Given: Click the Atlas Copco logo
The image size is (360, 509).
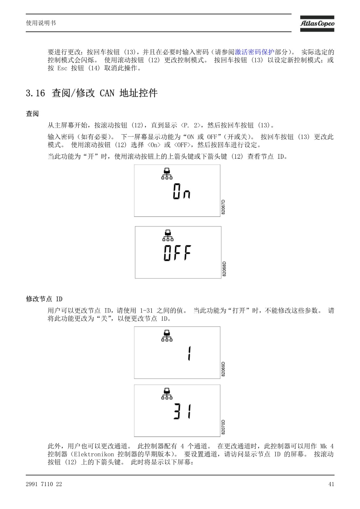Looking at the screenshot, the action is pyautogui.click(x=317, y=24).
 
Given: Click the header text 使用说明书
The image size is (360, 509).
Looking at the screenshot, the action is pyautogui.click(x=41, y=23).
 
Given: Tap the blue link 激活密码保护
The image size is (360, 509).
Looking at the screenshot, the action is pyautogui.click(x=254, y=52).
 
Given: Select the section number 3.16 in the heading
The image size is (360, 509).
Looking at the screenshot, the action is pyautogui.click(x=35, y=93).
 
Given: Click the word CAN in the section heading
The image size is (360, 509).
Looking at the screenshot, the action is pyautogui.click(x=107, y=93).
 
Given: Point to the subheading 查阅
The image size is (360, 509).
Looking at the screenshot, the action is pyautogui.click(x=32, y=113).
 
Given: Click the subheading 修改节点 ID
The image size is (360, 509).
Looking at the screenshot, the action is pyautogui.click(x=44, y=299).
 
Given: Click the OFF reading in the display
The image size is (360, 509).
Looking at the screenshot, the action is pyautogui.click(x=177, y=253).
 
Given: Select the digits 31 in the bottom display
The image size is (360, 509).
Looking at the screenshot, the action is pyautogui.click(x=182, y=411).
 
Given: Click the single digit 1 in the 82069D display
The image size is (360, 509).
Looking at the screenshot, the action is pyautogui.click(x=189, y=353).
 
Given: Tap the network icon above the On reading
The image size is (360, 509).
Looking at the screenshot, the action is pyautogui.click(x=167, y=174).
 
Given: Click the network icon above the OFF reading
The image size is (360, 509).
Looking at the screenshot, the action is pyautogui.click(x=168, y=235).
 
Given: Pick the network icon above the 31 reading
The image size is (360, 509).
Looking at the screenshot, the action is pyautogui.click(x=167, y=394).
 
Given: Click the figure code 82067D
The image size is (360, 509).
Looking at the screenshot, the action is pyautogui.click(x=223, y=207).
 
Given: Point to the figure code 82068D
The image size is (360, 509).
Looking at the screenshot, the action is pyautogui.click(x=224, y=269).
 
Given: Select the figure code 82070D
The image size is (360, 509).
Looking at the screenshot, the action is pyautogui.click(x=223, y=427).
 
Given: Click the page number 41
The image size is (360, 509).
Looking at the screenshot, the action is pyautogui.click(x=331, y=484).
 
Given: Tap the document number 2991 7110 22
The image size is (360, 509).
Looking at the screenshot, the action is pyautogui.click(x=44, y=484).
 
